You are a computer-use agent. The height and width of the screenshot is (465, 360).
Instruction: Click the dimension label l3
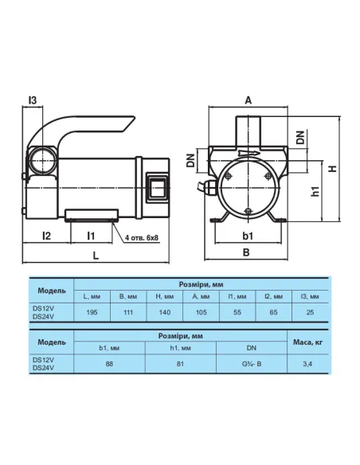pyautogui.click(x=33, y=100)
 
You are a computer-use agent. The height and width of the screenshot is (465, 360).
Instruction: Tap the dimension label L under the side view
pyautogui.click(x=96, y=256)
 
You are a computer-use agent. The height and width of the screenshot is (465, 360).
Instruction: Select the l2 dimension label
pyautogui.click(x=47, y=236)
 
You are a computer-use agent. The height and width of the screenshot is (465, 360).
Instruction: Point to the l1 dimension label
pyautogui.click(x=91, y=236)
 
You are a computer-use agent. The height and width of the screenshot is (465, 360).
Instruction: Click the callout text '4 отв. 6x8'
pyautogui.click(x=142, y=237)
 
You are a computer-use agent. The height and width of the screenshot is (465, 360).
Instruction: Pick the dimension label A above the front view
pyautogui.click(x=248, y=100)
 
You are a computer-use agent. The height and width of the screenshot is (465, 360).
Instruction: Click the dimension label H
pyautogui.click(x=334, y=168)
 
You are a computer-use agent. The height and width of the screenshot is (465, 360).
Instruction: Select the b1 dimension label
pyautogui.click(x=248, y=236)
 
